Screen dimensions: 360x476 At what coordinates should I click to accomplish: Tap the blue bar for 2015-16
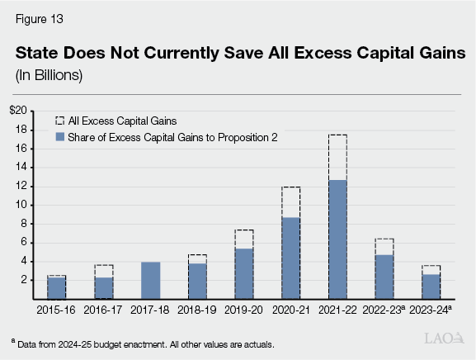[x=55, y=287]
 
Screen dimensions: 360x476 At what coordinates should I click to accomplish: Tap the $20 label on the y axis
[x=18, y=111]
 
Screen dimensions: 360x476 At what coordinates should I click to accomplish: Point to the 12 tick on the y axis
[x=21, y=187]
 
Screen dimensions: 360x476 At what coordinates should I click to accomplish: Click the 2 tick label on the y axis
[x=24, y=281]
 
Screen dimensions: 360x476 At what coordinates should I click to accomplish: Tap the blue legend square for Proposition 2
[x=59, y=137]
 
